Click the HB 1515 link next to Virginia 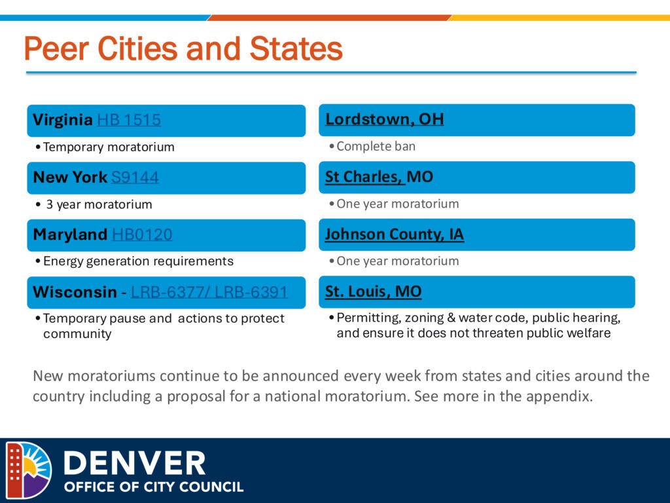(129, 120)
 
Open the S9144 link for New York (135, 177)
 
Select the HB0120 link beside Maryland (142, 234)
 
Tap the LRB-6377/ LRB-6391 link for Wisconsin (209, 291)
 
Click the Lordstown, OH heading (385, 119)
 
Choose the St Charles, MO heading (379, 176)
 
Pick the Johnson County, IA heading (395, 234)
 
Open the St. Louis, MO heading (374, 291)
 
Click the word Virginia (63, 121)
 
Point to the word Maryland (70, 234)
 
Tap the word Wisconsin (75, 291)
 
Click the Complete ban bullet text (376, 146)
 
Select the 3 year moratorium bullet (99, 204)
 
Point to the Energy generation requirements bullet (139, 261)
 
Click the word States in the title (296, 48)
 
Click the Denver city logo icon (29, 470)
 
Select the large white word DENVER (135, 463)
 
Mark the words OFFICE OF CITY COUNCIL (154, 487)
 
